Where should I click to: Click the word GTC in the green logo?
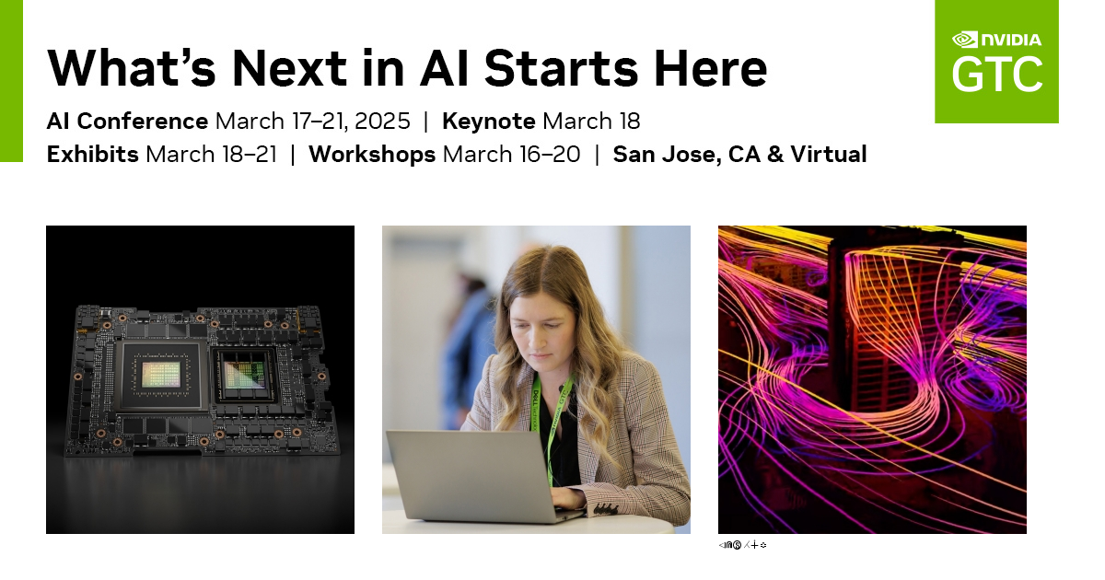click(996, 74)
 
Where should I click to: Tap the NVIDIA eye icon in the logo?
click(964, 40)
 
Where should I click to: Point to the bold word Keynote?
click(488, 121)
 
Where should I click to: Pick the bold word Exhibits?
click(93, 154)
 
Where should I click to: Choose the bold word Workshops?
click(372, 154)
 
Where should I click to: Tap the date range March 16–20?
click(511, 154)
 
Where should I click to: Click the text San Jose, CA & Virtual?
click(739, 154)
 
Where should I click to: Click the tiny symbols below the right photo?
click(742, 545)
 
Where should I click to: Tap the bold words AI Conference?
click(127, 121)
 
